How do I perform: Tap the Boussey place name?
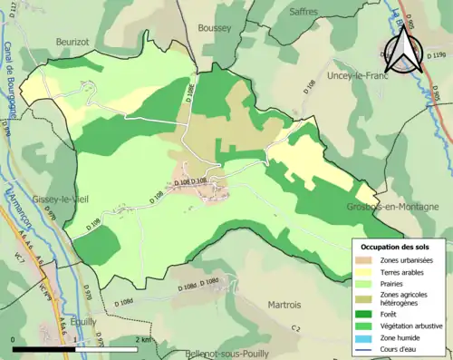(215, 28)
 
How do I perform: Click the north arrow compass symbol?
(404, 50)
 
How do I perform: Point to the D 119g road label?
(440, 55)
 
